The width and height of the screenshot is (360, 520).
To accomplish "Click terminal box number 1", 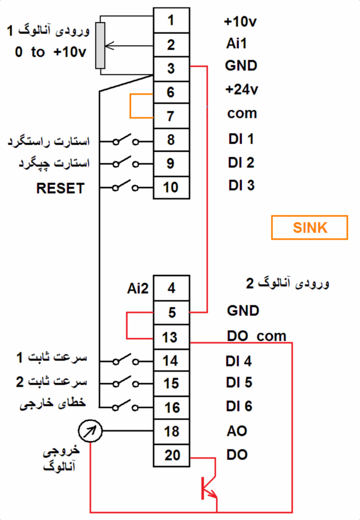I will coord(171,20).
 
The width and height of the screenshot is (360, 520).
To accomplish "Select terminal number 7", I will coord(171,116).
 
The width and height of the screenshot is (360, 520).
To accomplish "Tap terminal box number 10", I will coord(171,187).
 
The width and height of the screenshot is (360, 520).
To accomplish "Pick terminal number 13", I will coord(171,337).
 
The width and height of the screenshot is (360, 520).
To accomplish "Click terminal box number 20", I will coord(172,455).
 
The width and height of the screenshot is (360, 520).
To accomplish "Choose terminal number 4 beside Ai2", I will coord(171,288).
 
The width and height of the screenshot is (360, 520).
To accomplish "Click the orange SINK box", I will coord(310,227).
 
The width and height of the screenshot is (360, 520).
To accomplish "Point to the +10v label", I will coord(241,22).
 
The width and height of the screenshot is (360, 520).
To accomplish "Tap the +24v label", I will coord(242,90).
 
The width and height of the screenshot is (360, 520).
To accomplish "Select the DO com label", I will coord(256,336).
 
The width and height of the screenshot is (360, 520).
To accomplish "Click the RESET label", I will coord(60,188).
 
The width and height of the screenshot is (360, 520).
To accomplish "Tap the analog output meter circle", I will coord(91,432).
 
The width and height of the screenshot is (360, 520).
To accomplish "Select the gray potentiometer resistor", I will coord(101,45).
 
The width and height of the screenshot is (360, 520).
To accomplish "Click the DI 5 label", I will coord(239,382).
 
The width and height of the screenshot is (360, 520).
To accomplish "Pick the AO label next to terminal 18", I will coord(237,431).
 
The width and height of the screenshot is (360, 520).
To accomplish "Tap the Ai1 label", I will coord(237,44).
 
